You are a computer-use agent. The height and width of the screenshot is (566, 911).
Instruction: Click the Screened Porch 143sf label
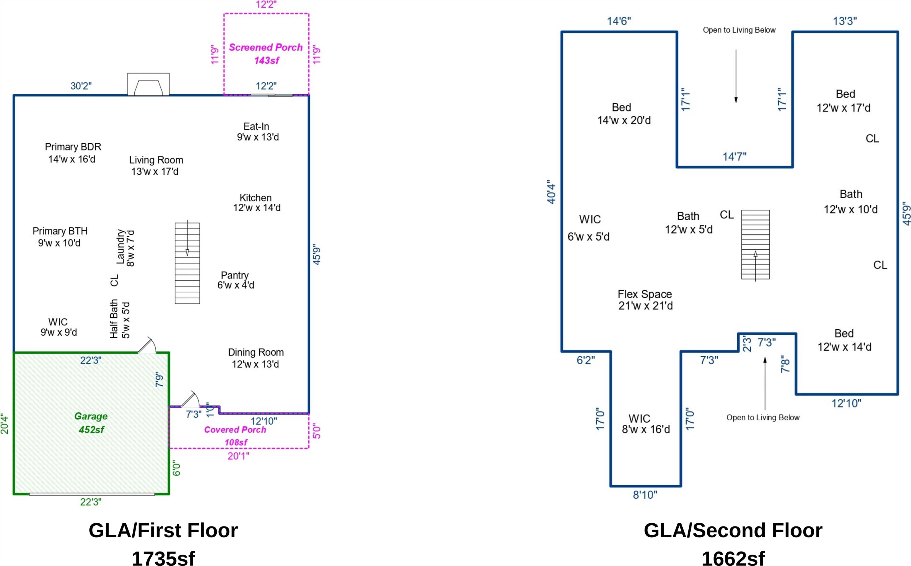[266, 53]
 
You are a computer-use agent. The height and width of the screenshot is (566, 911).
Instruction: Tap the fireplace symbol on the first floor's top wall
[148, 84]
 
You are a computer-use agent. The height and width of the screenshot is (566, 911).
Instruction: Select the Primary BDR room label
[73, 153]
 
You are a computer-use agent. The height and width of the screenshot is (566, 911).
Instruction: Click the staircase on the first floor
[187, 263]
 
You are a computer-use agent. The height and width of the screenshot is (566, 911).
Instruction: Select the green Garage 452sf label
[91, 423]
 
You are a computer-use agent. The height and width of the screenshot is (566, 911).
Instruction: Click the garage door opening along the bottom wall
[92, 494]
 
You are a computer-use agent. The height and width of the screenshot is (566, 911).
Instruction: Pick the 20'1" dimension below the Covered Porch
[238, 456]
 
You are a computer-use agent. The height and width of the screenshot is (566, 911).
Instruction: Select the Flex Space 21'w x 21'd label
[645, 300]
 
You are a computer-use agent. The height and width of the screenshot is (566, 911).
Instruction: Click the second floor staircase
[755, 244]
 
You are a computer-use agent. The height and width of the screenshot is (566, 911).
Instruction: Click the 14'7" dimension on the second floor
[734, 156]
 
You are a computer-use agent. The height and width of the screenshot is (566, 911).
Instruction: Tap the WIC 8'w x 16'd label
[645, 424]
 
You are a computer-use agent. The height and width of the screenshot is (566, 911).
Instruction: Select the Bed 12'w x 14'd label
[844, 340]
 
